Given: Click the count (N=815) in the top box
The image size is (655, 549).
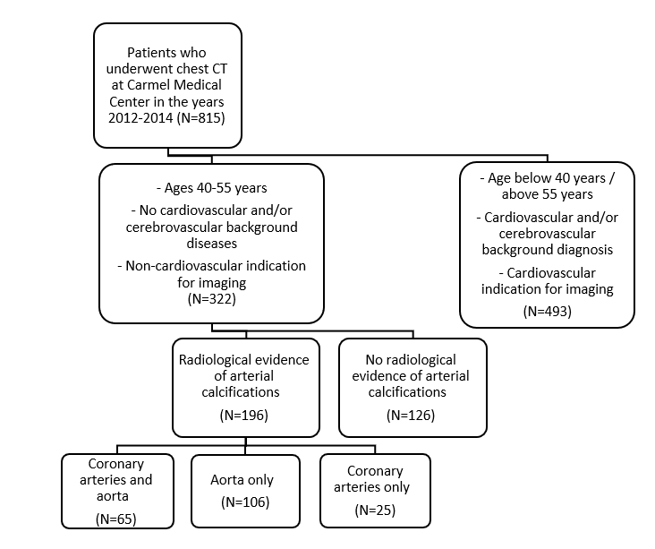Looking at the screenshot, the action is [201, 118].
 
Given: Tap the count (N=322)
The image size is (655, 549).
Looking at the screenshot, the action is [212, 299].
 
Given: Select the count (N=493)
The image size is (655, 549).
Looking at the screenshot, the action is [548, 312].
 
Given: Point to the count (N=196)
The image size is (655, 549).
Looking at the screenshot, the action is [244, 416].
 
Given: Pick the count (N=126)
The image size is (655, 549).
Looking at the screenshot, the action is [411, 416].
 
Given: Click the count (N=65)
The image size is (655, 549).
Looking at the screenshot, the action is [116, 519].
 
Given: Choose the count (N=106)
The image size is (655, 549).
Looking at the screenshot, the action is [245, 502].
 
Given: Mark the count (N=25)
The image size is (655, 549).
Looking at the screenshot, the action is [375, 510].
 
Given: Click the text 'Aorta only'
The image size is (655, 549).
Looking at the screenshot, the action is [242, 480].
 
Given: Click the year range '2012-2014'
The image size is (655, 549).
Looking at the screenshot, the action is [140, 118].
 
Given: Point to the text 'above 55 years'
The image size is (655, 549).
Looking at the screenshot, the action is [548, 194].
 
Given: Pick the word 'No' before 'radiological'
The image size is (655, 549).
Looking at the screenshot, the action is [374, 360].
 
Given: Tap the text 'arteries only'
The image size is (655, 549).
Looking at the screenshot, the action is [371, 487].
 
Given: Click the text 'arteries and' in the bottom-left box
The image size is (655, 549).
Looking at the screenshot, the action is [116, 480].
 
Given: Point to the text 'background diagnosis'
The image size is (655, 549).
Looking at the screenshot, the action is [548, 250].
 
